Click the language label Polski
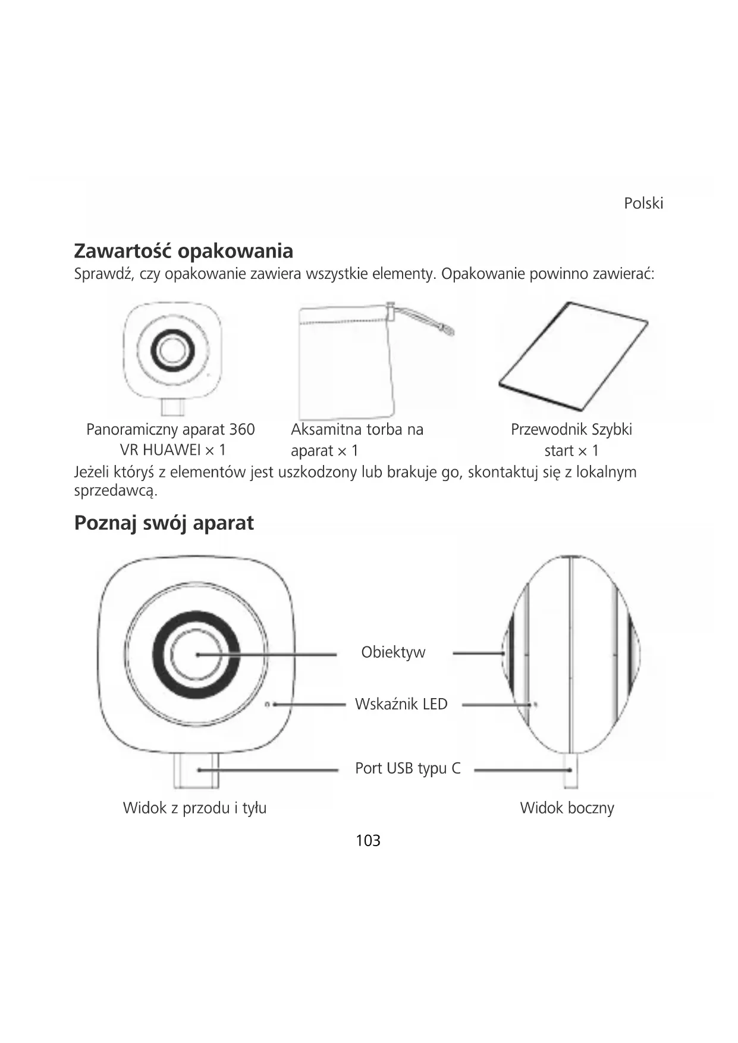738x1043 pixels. pyautogui.click(x=643, y=203)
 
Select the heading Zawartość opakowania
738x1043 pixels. pyautogui.click(x=183, y=251)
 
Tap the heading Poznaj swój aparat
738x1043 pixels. pyautogui.click(x=164, y=523)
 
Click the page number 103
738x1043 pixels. pyautogui.click(x=368, y=840)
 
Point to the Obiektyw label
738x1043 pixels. pyautogui.click(x=393, y=652)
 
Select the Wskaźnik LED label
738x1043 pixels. pyautogui.click(x=401, y=704)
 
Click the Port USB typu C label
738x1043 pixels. pyautogui.click(x=407, y=768)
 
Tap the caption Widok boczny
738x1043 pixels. pyautogui.click(x=567, y=808)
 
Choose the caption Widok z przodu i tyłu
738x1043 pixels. pyautogui.click(x=194, y=808)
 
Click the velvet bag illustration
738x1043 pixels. pyautogui.click(x=345, y=363)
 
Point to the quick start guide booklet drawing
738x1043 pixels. pyautogui.click(x=573, y=356)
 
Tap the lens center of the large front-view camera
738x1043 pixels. pyautogui.click(x=197, y=654)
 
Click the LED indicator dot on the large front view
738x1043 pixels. pyautogui.click(x=268, y=705)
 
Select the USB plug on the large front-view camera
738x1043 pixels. pyautogui.click(x=196, y=771)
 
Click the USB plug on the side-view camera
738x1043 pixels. pyautogui.click(x=570, y=771)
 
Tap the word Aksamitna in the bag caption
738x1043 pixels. pyautogui.click(x=325, y=429)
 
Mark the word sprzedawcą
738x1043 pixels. pyautogui.click(x=115, y=491)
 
